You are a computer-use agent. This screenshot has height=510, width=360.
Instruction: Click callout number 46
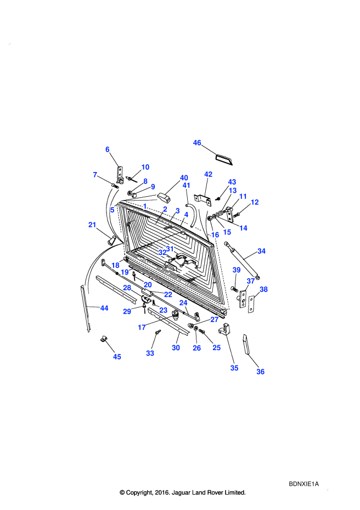pyautogui.click(x=197, y=143)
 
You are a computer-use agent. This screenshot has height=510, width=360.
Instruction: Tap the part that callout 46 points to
pyautogui.click(x=224, y=159)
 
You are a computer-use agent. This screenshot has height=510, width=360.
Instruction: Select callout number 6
pyautogui.click(x=107, y=149)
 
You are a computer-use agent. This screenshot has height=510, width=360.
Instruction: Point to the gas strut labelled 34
pyautogui.click(x=242, y=260)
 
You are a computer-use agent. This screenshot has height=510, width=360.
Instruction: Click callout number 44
pyautogui.click(x=104, y=308)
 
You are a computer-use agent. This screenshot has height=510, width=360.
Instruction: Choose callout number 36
pyautogui.click(x=260, y=372)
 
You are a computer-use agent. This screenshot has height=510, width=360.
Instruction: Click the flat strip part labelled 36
pyautogui.click(x=246, y=345)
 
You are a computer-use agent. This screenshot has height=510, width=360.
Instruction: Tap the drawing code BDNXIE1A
pyautogui.click(x=303, y=484)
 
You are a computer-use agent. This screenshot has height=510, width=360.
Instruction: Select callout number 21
pyautogui.click(x=92, y=225)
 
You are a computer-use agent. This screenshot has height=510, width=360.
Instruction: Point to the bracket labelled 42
pyautogui.click(x=203, y=199)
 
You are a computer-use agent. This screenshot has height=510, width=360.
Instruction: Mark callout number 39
pyautogui.click(x=237, y=270)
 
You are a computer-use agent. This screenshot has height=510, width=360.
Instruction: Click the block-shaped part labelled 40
pyautogui.click(x=165, y=197)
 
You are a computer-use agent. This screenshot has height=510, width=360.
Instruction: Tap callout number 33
pyautogui.click(x=150, y=353)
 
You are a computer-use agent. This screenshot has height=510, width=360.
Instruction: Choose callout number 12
pyautogui.click(x=255, y=202)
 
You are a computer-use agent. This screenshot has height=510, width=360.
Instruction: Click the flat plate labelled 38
pyautogui.click(x=251, y=304)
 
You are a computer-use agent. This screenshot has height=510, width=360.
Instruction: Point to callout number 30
pyautogui.click(x=176, y=348)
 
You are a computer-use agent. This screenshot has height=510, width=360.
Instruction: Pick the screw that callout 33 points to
pyautogui.click(x=158, y=332)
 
